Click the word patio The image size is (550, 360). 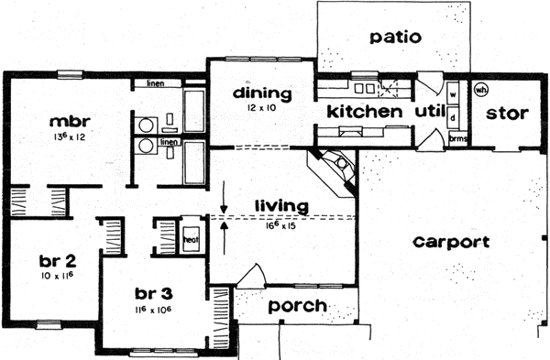[x=396, y=38]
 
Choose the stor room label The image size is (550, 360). [x=504, y=114]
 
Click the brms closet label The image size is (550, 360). [x=457, y=139]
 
